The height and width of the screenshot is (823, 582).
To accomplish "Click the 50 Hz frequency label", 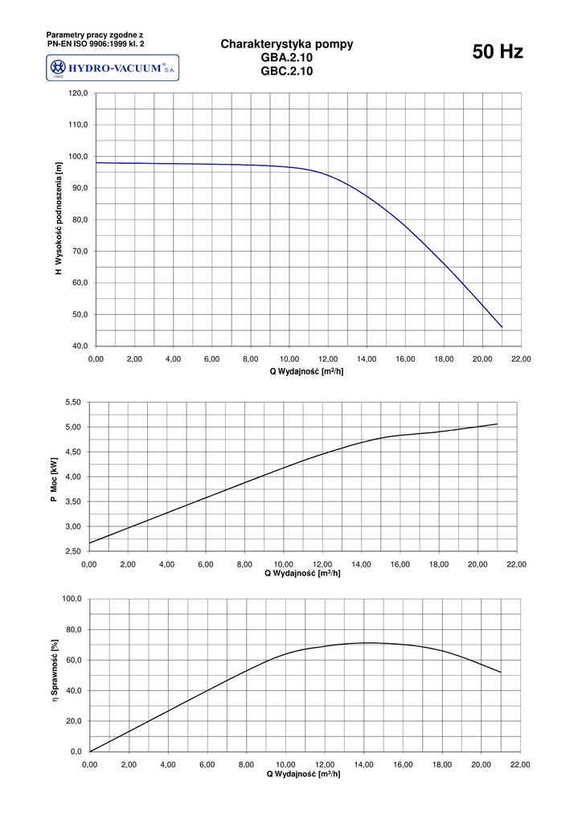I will (x=498, y=53).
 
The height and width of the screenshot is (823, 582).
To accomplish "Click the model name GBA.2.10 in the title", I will (x=287, y=58).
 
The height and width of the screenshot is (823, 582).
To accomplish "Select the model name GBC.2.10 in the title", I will (x=287, y=71).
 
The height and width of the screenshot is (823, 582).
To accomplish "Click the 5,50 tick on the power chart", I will (x=73, y=402).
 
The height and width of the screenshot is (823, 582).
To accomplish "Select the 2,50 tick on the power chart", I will (x=73, y=552).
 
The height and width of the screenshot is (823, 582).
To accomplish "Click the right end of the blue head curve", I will (x=502, y=327).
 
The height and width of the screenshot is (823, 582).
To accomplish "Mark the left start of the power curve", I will (x=90, y=543).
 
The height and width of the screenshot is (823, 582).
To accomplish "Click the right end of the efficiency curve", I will (x=500, y=672).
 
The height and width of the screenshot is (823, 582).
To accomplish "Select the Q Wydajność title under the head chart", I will (x=306, y=371).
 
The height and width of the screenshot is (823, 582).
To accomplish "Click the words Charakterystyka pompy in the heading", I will (x=287, y=45).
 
